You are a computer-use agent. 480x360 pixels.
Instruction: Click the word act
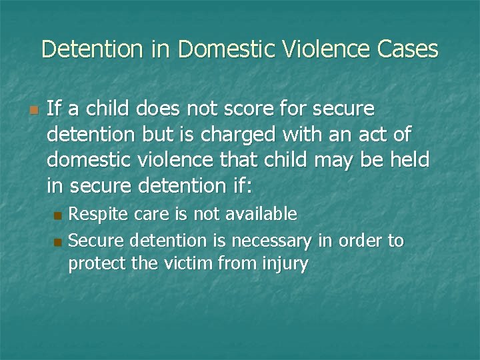[375, 134]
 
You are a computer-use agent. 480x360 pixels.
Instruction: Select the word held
[409, 160]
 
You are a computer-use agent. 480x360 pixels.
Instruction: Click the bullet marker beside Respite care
[57, 215]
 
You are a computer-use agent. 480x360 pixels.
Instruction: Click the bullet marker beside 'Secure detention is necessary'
[57, 241]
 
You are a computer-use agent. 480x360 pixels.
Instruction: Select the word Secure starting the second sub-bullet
[97, 240]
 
